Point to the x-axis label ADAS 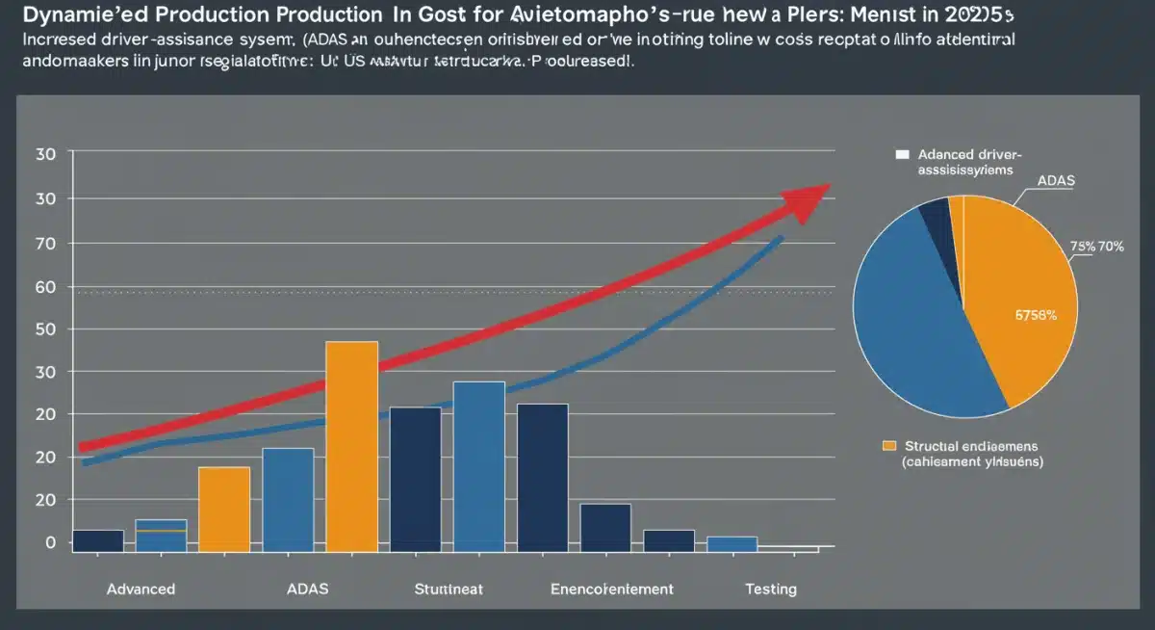coord(308,589)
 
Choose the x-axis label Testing coord(771,589)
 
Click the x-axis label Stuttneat coord(448,589)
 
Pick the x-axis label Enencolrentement coord(612,589)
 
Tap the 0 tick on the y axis coord(51,543)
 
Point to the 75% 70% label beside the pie coord(1097,246)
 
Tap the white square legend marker coord(902,153)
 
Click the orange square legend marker coord(889,445)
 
